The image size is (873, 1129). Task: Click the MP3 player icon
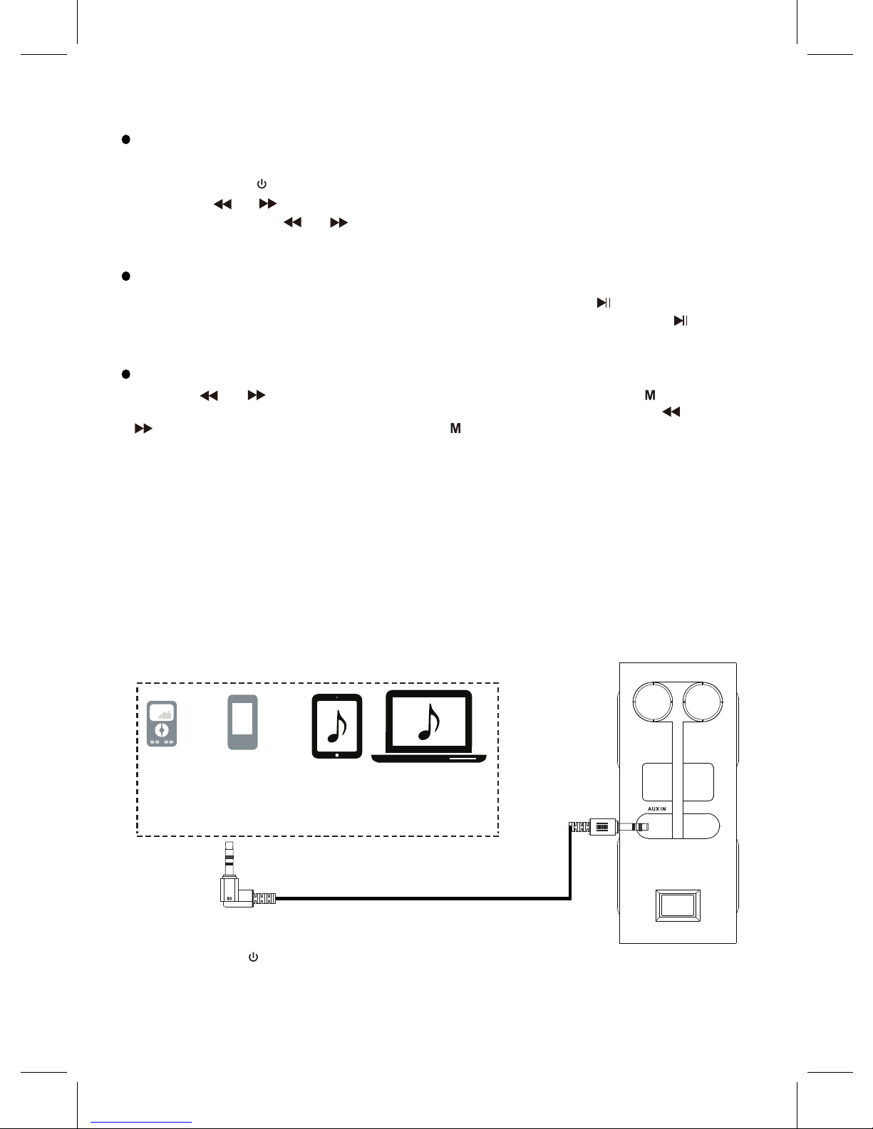click(162, 724)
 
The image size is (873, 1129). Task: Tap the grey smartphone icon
click(243, 722)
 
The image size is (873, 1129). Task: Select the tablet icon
click(336, 726)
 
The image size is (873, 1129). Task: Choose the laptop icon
click(429, 727)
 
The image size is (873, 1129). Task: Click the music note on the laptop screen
click(429, 722)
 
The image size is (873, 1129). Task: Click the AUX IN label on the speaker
click(657, 809)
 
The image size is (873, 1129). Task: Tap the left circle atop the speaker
click(634, 702)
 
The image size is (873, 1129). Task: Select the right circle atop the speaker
click(722, 702)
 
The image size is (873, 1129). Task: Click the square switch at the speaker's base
click(678, 905)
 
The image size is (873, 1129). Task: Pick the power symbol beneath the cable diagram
click(253, 957)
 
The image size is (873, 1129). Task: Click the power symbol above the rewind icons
click(262, 184)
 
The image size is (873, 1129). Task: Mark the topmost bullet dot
click(125, 139)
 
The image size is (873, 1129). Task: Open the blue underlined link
click(141, 1123)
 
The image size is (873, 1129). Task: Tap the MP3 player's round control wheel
click(162, 730)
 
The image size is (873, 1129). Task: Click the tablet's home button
click(337, 755)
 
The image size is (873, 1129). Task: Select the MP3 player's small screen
click(162, 712)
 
